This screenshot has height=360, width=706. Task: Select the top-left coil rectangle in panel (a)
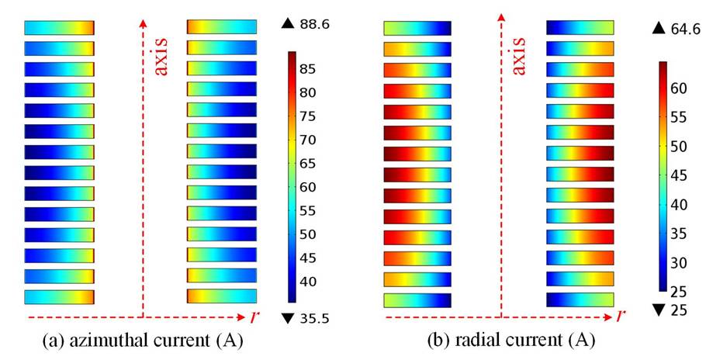click(59, 27)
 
